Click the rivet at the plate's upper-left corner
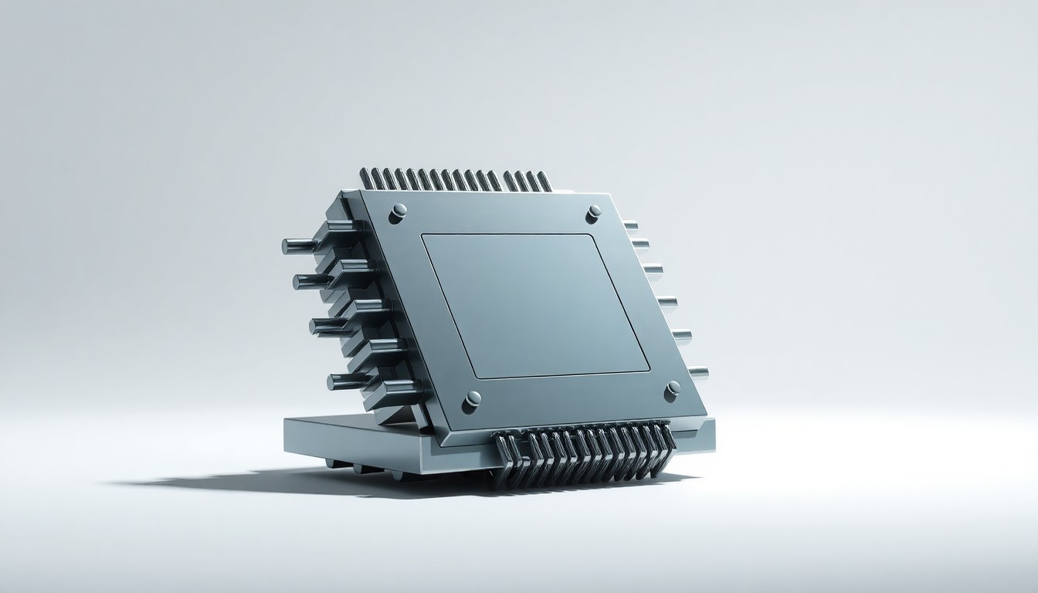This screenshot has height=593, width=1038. coord(398,211)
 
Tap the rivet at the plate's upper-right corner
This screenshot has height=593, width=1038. coord(594,211)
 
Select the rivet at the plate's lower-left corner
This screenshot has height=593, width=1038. coord(472,398)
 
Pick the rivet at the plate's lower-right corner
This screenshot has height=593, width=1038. coord(673,388)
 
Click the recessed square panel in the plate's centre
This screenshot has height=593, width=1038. coord(535,305)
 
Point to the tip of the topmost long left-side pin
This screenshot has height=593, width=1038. coord(287,246)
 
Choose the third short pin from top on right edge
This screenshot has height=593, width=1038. coord(653,269)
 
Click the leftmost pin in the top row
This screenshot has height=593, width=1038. coord(365,179)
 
